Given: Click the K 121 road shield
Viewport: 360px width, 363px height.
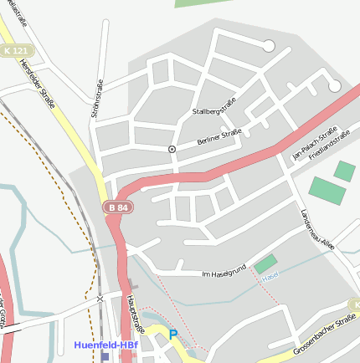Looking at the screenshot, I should click(x=14, y=50).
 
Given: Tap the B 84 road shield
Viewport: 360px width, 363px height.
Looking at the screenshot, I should click(x=116, y=207).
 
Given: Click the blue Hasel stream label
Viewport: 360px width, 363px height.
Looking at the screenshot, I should click(x=270, y=275).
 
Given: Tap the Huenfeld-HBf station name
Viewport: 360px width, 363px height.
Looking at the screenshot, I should click(x=105, y=344).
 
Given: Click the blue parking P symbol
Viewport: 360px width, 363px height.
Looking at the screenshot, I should click(x=173, y=335).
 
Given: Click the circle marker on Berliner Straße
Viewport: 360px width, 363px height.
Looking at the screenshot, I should click(x=172, y=149).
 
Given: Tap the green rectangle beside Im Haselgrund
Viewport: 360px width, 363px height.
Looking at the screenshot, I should click(x=265, y=264).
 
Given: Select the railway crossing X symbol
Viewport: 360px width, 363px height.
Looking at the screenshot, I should click(x=100, y=298).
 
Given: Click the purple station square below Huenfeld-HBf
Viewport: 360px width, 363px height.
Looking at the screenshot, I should click(x=105, y=356).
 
